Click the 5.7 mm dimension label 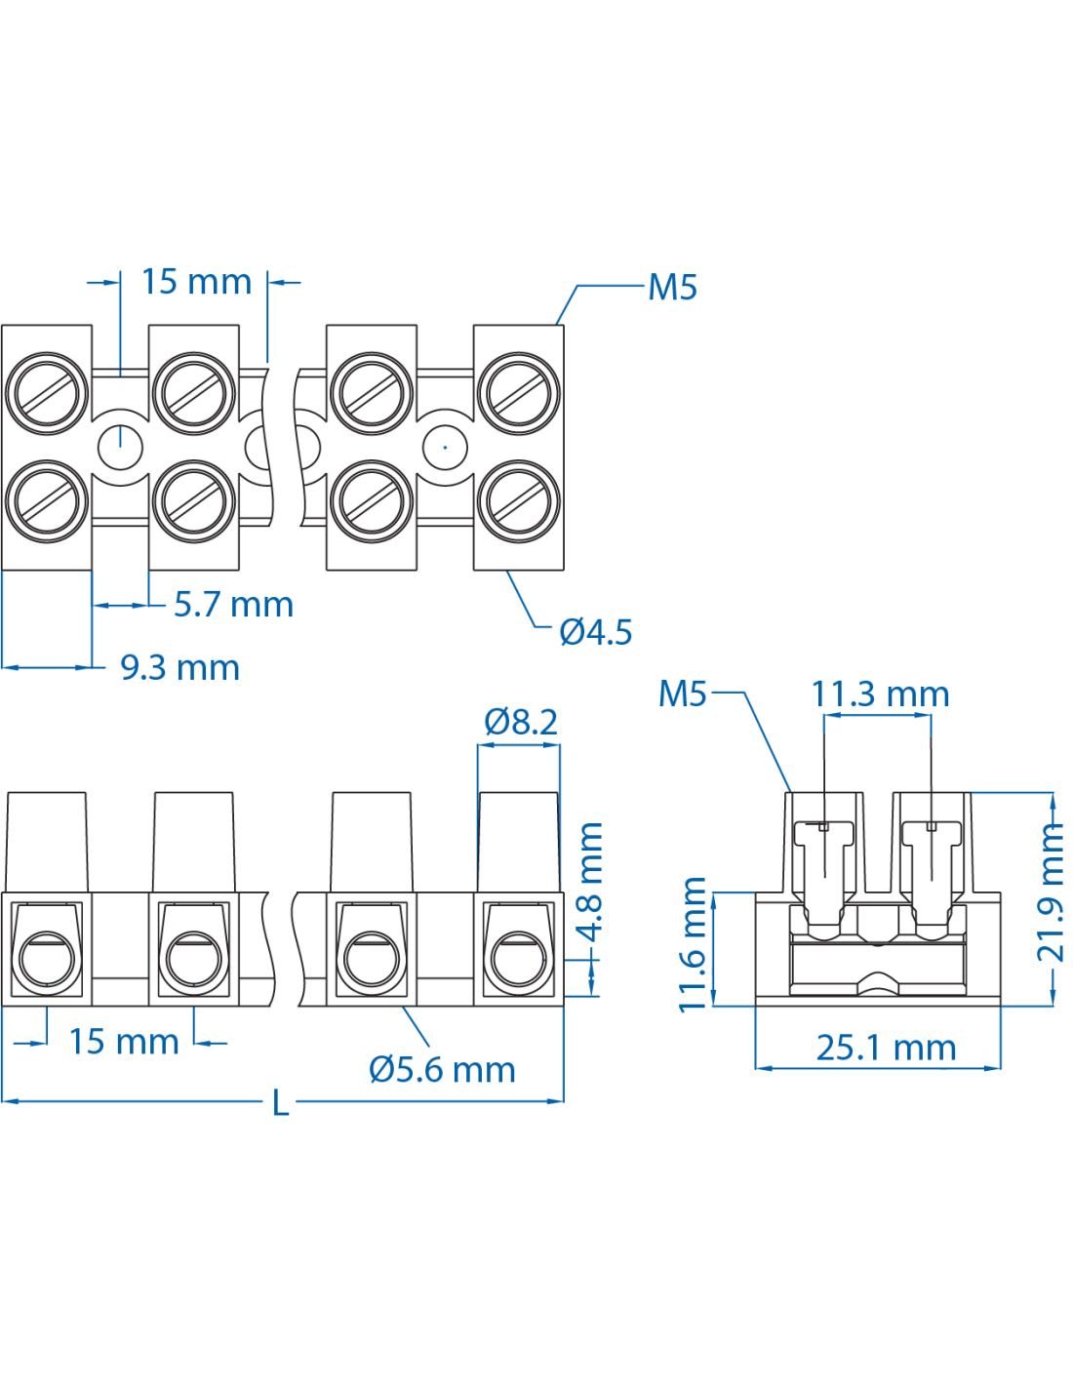click(233, 605)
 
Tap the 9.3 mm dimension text click(179, 668)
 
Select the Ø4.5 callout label click(595, 632)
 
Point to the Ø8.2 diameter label click(521, 722)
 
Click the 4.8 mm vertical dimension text click(590, 881)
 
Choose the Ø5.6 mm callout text click(442, 1070)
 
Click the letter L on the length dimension click(281, 1103)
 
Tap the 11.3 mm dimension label click(880, 694)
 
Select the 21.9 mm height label click(1051, 892)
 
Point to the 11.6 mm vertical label click(693, 944)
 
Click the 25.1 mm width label click(886, 1048)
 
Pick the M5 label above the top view click(673, 288)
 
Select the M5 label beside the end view click(683, 693)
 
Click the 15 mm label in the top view click(196, 282)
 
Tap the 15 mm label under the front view click(123, 1042)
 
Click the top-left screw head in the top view click(47, 393)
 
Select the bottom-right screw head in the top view click(519, 501)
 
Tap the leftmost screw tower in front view click(46, 841)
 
